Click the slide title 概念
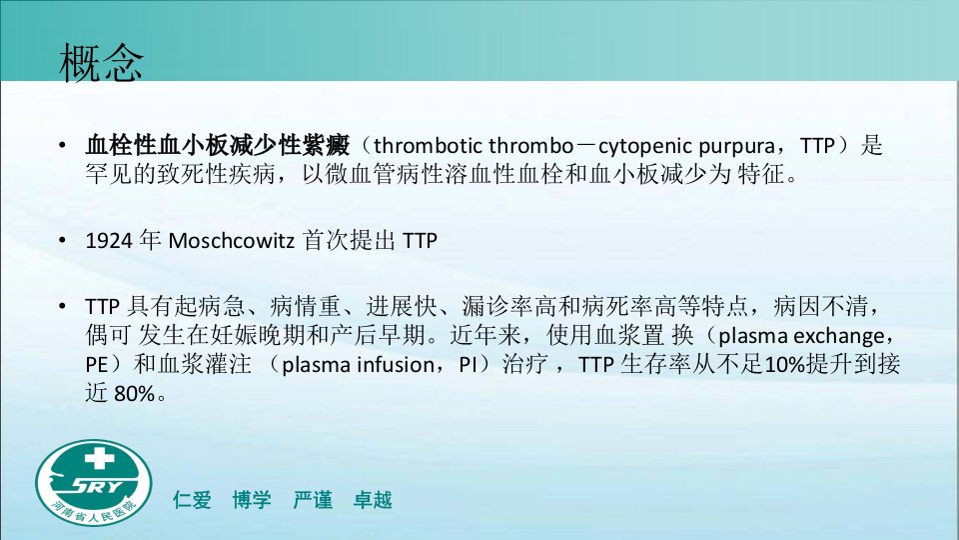pos(102,62)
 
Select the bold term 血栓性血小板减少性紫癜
pos(218,146)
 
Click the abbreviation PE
pos(97,365)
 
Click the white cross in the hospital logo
pos(99,458)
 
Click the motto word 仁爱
pos(192,500)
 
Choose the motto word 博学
pos(252,500)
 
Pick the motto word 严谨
pos(313,500)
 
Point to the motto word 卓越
pos(373,500)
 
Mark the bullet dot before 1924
pos(62,241)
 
